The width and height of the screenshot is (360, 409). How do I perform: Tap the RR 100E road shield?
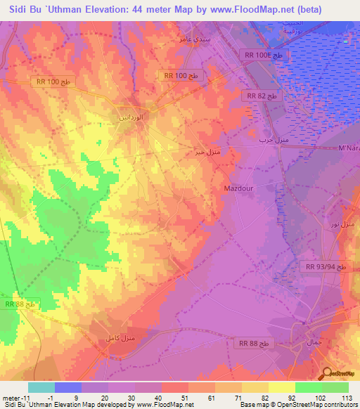click(x=264, y=54)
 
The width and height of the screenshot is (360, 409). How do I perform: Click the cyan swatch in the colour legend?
click(x=41, y=387)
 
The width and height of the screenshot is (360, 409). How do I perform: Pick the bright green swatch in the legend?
click(x=309, y=387)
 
